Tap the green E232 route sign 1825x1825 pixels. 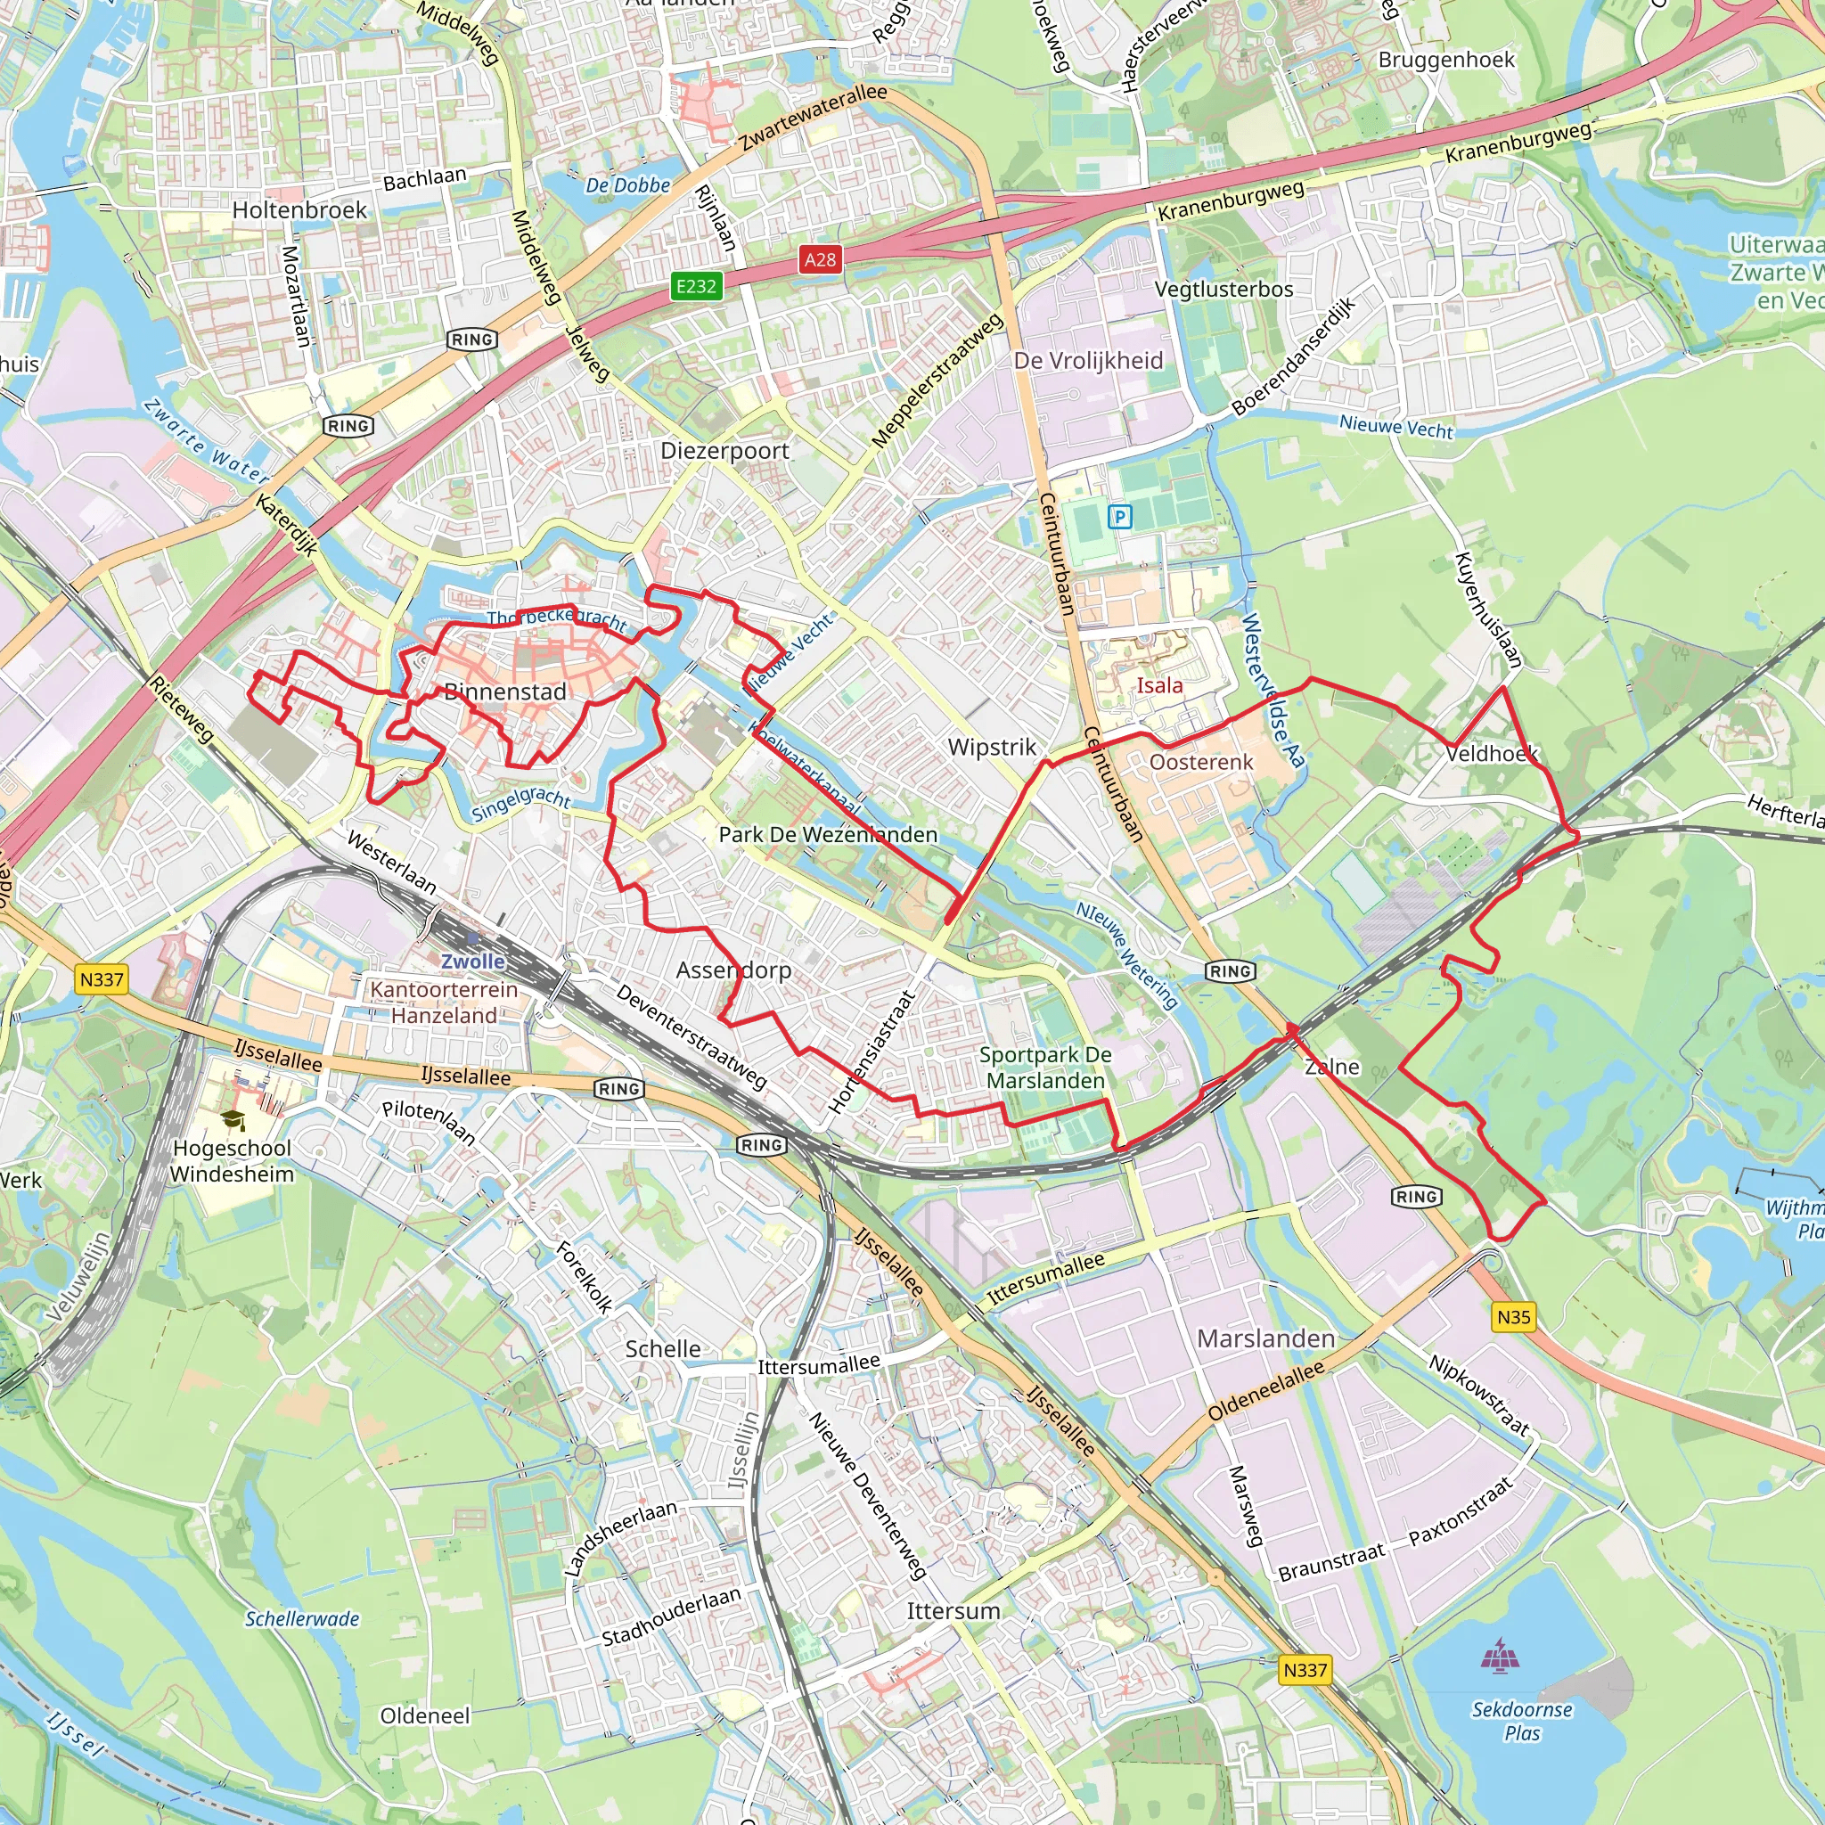coord(696,286)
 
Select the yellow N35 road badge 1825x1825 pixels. coord(1513,1317)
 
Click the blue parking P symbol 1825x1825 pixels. coord(1119,517)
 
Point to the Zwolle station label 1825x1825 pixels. coord(473,961)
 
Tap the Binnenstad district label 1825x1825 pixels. coord(505,692)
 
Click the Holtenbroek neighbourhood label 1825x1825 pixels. coord(299,209)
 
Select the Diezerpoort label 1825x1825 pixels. coord(724,451)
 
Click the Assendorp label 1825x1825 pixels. coord(734,970)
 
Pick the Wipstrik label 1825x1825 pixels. coord(992,747)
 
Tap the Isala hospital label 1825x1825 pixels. coord(1159,686)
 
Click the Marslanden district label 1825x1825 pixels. coord(1265,1338)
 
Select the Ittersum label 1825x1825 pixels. coord(953,1610)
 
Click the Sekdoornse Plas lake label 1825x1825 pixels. coord(1522,1721)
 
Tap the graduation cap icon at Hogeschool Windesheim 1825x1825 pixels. coord(233,1120)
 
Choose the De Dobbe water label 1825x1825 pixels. coord(627,185)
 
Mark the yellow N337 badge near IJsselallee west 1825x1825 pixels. coord(101,979)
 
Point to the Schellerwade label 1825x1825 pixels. coord(302,1619)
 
